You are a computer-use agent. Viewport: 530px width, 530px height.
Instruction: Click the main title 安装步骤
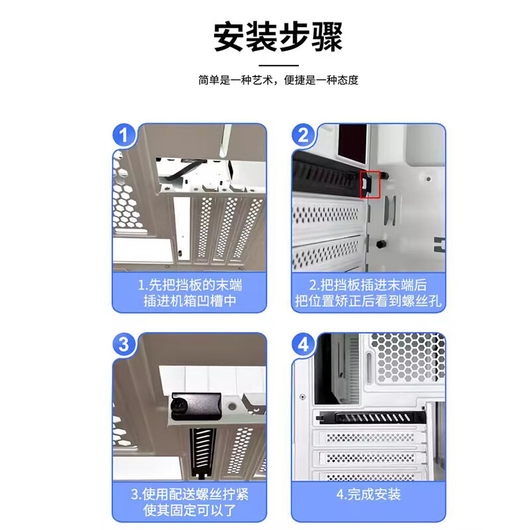(278, 36)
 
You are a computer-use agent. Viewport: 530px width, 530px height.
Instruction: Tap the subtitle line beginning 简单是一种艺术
(278, 80)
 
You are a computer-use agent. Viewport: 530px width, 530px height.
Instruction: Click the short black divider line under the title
(278, 65)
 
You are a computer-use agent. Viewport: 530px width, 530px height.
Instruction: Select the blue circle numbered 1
(124, 135)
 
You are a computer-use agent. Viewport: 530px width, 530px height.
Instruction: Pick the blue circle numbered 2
(303, 135)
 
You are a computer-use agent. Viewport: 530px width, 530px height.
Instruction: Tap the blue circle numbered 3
(124, 344)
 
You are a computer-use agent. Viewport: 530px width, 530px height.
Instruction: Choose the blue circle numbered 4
(303, 344)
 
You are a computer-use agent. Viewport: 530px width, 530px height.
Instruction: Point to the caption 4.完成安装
(368, 494)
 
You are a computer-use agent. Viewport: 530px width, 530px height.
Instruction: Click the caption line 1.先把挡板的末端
(190, 285)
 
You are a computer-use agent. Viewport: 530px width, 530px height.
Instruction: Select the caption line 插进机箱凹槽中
(190, 301)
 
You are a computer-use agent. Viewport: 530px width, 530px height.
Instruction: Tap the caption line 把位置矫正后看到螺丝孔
(368, 301)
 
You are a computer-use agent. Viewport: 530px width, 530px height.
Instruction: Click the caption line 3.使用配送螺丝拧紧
(190, 494)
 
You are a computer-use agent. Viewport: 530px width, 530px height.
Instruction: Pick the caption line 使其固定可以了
(190, 509)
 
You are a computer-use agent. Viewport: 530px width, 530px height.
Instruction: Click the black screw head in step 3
(178, 404)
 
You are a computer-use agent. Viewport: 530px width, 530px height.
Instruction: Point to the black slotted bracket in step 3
(203, 452)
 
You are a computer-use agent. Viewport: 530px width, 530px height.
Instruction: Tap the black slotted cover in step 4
(371, 417)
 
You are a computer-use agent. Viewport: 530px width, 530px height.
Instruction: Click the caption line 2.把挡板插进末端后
(368, 285)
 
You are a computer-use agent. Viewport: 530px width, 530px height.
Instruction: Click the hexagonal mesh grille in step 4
(407, 358)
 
